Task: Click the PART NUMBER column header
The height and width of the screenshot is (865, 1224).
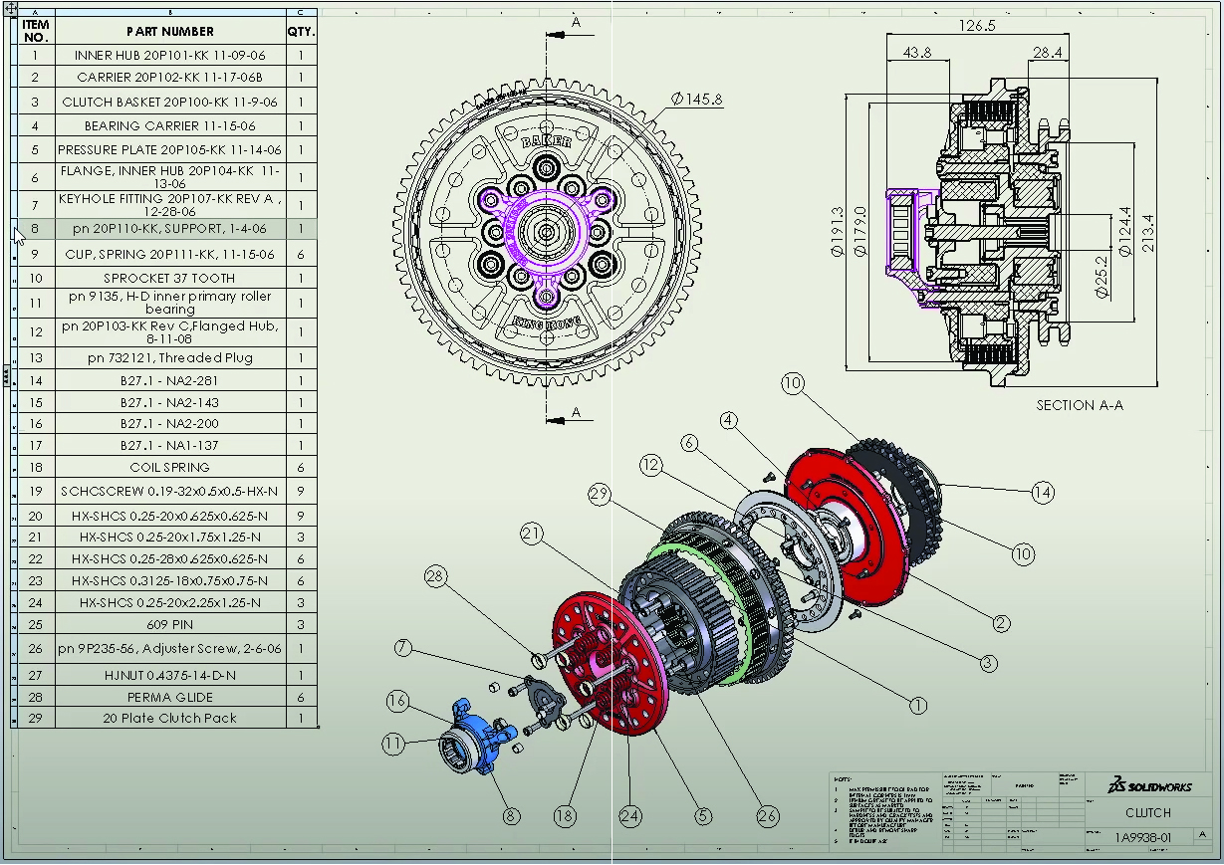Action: click(x=169, y=31)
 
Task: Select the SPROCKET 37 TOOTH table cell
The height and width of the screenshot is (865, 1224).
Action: click(x=169, y=279)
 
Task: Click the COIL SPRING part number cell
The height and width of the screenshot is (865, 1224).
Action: click(x=169, y=467)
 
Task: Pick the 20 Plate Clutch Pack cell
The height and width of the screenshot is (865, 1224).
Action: click(x=169, y=718)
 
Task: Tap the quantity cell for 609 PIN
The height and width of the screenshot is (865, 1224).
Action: click(x=301, y=625)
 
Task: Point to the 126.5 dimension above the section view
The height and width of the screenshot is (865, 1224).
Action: click(x=976, y=26)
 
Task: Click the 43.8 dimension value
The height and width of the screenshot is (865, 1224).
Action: click(x=916, y=53)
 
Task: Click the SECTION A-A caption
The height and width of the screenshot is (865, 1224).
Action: click(x=1080, y=405)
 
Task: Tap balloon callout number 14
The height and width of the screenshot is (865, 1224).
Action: click(x=1042, y=492)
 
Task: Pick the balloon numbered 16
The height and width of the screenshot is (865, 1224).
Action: click(x=397, y=702)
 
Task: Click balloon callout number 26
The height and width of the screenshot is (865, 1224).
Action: click(x=767, y=816)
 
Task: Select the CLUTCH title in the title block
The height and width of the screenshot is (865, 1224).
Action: click(x=1148, y=813)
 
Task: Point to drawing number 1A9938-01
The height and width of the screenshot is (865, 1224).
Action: click(x=1142, y=838)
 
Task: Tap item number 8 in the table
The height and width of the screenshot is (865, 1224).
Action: click(x=35, y=229)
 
